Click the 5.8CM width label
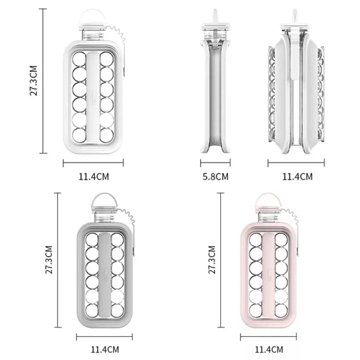[x=216, y=176]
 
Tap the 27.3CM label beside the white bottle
[x=33, y=81]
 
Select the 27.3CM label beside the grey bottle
[x=49, y=260]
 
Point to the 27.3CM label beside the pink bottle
[x=212, y=260]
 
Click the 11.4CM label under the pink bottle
[x=269, y=350]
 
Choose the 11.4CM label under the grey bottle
[x=105, y=350]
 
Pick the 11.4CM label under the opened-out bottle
[x=297, y=176]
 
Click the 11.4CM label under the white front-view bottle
[x=94, y=176]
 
